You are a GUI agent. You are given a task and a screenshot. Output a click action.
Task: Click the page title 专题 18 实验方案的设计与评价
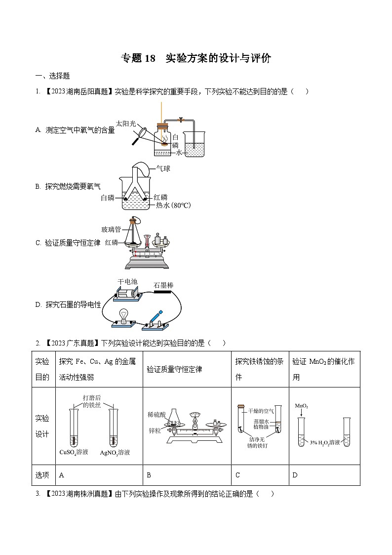pos(196,58)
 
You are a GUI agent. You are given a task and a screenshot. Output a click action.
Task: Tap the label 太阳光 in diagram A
pos(125,123)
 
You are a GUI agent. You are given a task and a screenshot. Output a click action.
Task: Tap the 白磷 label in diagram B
pos(107,198)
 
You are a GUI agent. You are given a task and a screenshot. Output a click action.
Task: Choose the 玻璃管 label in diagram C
pos(111,229)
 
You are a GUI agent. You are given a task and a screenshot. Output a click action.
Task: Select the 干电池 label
pos(127,281)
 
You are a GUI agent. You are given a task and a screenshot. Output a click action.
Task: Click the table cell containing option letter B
pos(187,475)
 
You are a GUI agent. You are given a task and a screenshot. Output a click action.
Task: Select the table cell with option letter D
pos(324,475)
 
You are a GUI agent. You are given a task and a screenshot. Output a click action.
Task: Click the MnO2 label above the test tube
pos(302,406)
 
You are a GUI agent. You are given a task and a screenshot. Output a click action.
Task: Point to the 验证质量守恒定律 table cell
pos(187,369)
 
